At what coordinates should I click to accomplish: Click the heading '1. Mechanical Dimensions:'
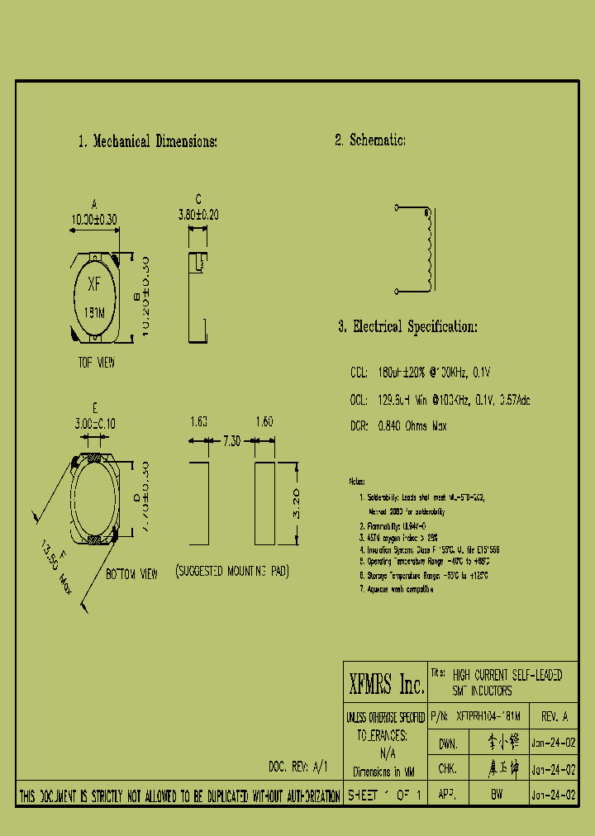pyautogui.click(x=147, y=141)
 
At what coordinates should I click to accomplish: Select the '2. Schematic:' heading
pyautogui.click(x=369, y=140)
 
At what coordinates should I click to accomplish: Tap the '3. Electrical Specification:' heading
pyautogui.click(x=407, y=326)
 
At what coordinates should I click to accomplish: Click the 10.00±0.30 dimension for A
pyautogui.click(x=94, y=220)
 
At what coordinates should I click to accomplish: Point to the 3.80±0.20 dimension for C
pyautogui.click(x=198, y=214)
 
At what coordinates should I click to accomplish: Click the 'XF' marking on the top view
pyautogui.click(x=94, y=285)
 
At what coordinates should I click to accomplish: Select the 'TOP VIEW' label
pyautogui.click(x=97, y=363)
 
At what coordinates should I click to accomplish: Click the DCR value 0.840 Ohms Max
pyautogui.click(x=412, y=426)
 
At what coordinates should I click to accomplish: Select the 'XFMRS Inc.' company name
pyautogui.click(x=386, y=685)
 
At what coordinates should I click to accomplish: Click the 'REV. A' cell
pyautogui.click(x=554, y=715)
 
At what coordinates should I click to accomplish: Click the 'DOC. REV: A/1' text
pyautogui.click(x=298, y=766)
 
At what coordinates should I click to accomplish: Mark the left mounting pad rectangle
pyautogui.click(x=199, y=504)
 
